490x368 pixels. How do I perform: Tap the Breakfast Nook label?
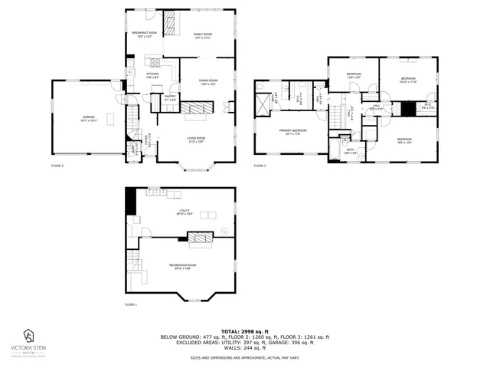click(144, 34)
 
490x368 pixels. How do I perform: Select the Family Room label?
click(203, 35)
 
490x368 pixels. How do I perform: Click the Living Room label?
click(197, 140)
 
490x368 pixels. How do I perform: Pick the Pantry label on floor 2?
click(170, 98)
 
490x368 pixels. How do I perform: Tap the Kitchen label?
click(152, 75)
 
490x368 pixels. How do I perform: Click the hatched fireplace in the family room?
click(170, 26)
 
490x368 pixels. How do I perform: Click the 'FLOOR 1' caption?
click(131, 305)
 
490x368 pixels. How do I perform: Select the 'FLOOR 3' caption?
click(260, 166)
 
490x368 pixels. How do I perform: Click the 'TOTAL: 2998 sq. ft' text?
click(244, 330)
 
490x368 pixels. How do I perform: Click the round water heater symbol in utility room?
click(224, 232)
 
